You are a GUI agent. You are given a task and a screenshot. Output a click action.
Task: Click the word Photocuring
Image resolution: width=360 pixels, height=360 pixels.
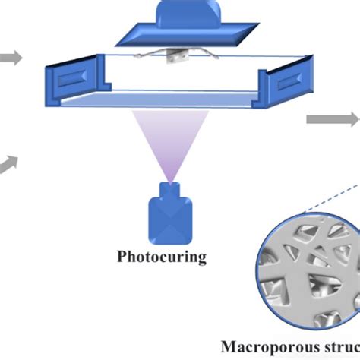(162, 256)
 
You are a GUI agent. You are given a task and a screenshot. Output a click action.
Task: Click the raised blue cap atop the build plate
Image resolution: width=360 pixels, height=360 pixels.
(187, 12)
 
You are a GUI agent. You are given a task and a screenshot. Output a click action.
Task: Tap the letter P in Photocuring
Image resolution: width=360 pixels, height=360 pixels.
(122, 256)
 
